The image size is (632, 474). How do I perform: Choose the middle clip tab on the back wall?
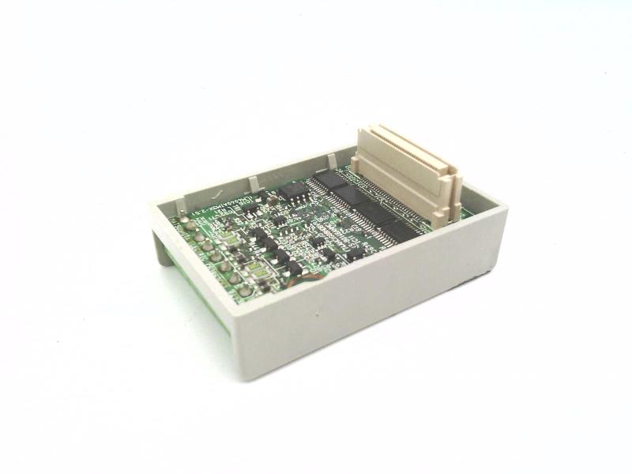click(x=252, y=186)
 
